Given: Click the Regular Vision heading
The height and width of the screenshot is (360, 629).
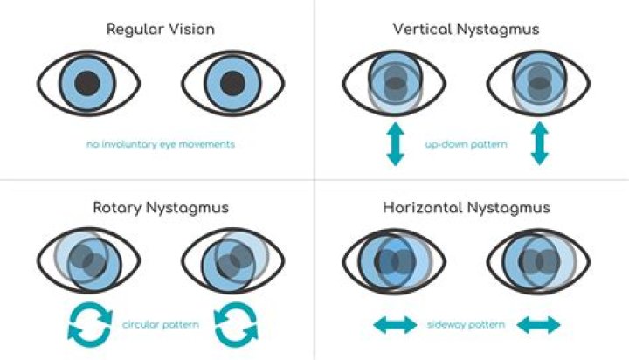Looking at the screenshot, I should click(x=160, y=30).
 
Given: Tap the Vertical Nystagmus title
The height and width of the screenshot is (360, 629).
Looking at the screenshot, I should click(x=466, y=30).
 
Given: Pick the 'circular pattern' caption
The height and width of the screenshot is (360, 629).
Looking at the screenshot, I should click(x=160, y=324).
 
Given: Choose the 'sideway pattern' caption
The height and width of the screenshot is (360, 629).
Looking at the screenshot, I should click(x=466, y=324).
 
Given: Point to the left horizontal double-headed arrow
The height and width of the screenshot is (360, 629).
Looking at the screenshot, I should click(x=396, y=325).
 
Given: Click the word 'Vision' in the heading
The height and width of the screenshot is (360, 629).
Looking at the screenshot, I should click(x=191, y=30).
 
